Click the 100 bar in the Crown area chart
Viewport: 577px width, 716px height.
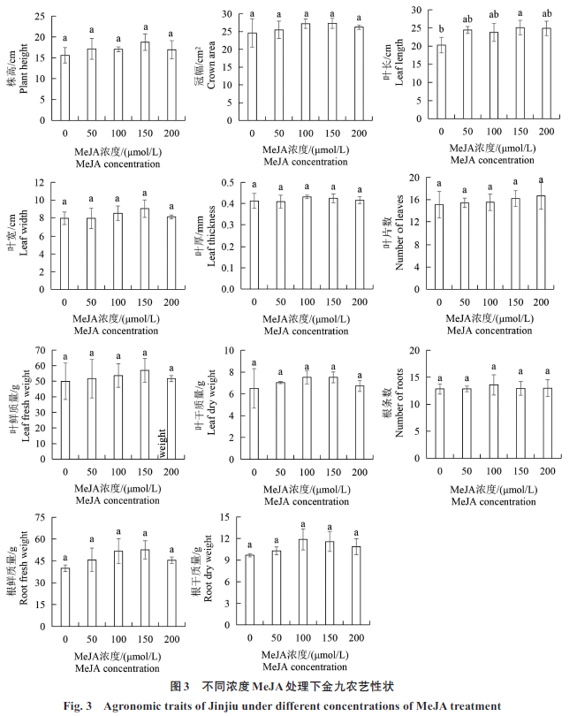click(x=306, y=72)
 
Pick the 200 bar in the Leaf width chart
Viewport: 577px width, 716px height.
click(x=170, y=254)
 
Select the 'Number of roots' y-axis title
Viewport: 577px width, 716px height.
click(x=399, y=407)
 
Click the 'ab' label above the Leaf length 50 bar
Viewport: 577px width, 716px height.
click(x=467, y=17)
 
